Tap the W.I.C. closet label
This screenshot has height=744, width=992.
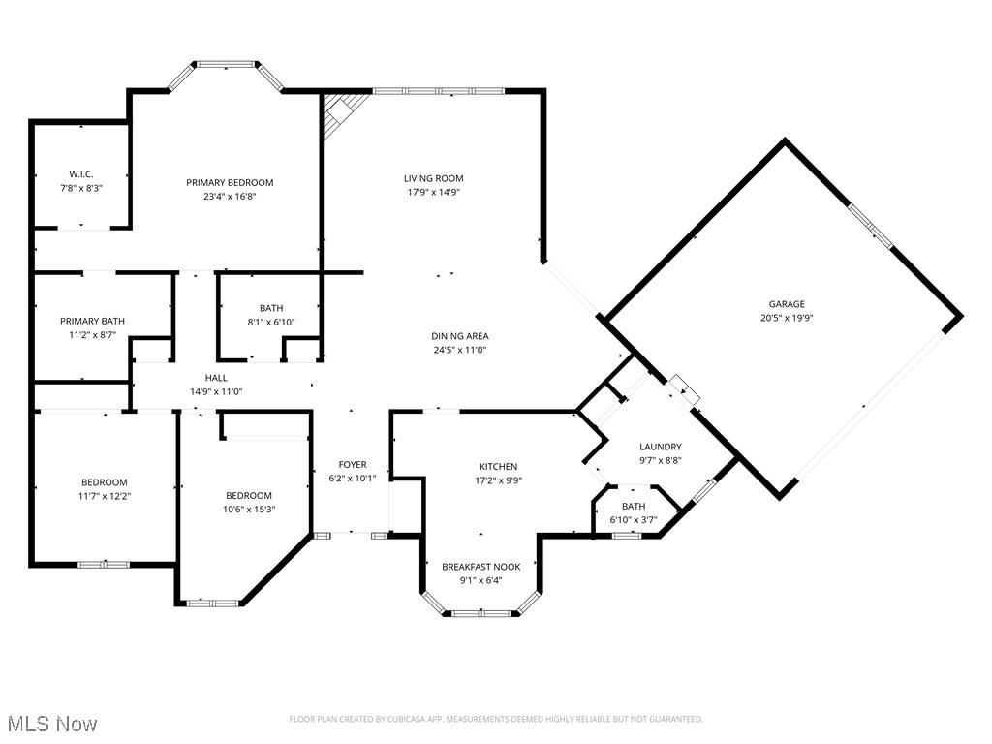[79, 174]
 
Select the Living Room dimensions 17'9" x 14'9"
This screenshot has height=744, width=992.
[433, 192]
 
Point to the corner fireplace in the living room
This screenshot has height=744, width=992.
[340, 110]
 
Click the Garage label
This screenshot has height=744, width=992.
[787, 304]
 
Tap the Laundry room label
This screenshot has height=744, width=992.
[661, 447]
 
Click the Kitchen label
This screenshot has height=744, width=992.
[498, 467]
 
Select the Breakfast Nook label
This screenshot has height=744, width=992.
[481, 567]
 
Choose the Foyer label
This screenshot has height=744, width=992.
[353, 465]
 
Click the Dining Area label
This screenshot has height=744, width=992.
[458, 336]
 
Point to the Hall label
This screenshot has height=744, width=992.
[216, 378]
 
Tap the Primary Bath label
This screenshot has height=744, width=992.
[92, 321]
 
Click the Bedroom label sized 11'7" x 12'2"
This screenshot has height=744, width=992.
[104, 482]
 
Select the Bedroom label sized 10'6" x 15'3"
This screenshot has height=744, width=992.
[249, 495]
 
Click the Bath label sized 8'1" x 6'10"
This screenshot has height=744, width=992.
[270, 308]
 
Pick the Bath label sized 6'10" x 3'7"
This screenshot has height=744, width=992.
[634, 507]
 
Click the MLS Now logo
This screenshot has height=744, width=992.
[50, 724]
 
